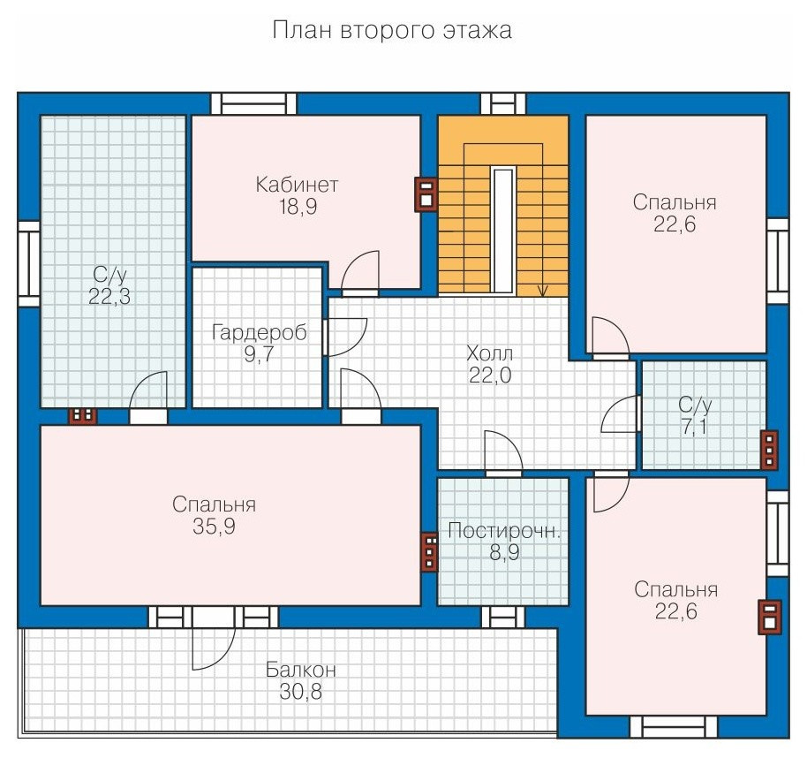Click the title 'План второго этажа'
click(x=392, y=30)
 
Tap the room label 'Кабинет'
click(x=297, y=185)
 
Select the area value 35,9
click(x=214, y=527)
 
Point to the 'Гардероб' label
click(x=260, y=333)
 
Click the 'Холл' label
click(x=489, y=353)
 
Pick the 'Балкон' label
click(x=300, y=670)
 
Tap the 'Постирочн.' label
click(x=503, y=531)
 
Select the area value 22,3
click(x=109, y=297)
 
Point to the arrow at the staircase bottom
click(x=542, y=290)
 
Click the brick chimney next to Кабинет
click(x=426, y=194)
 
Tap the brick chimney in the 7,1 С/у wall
click(x=769, y=450)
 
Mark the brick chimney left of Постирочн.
click(x=429, y=552)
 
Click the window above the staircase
click(x=504, y=104)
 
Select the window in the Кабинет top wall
click(x=253, y=104)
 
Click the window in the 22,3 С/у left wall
click(x=29, y=264)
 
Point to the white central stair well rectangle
click(x=503, y=231)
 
